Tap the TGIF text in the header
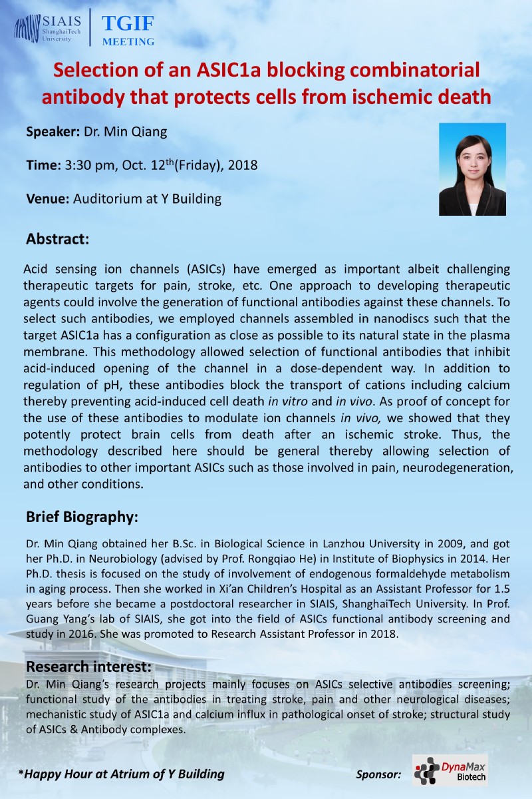[128, 25]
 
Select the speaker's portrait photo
[472, 169]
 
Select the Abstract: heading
[57, 238]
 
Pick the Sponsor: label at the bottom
[378, 774]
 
